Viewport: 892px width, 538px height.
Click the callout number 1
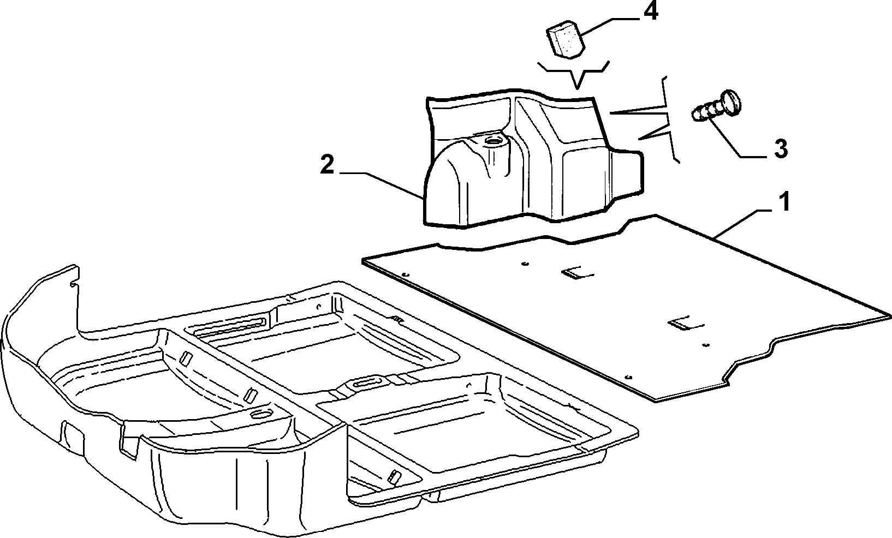(784, 202)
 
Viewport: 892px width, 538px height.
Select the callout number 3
(780, 149)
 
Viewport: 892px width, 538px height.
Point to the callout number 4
(651, 11)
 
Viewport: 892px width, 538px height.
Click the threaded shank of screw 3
(707, 112)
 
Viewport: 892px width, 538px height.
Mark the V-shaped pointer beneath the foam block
(573, 73)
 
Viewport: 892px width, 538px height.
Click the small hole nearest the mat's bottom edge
(629, 377)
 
